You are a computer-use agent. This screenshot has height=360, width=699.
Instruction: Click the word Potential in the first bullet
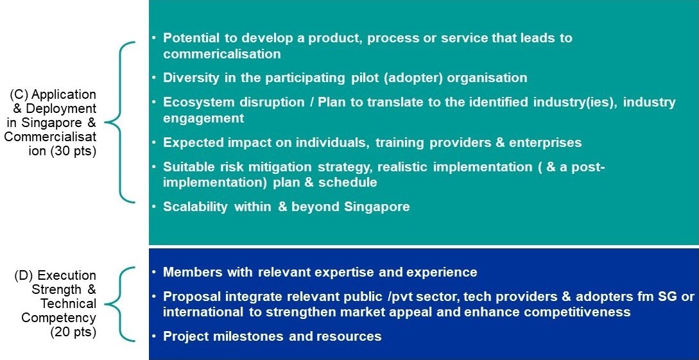pyautogui.click(x=191, y=38)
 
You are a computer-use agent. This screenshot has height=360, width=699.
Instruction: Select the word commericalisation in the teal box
pyautogui.click(x=222, y=54)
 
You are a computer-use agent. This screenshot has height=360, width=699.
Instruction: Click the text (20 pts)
pyautogui.click(x=74, y=332)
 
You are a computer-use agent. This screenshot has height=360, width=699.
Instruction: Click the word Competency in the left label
pyautogui.click(x=59, y=318)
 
